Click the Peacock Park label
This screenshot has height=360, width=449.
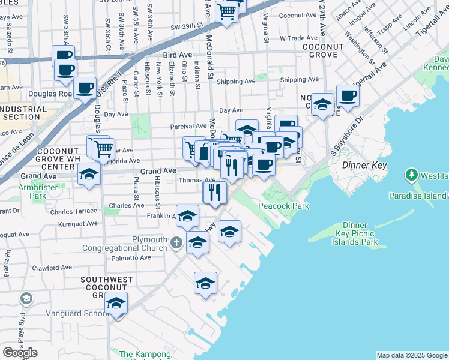(x=283, y=206)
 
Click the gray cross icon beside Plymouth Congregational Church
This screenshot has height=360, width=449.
(x=176, y=243)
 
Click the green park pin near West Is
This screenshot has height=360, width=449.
(x=412, y=175)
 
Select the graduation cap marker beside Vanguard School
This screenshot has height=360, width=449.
(x=116, y=303)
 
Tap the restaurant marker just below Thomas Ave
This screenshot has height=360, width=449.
(x=214, y=192)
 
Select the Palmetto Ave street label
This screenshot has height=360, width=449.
(x=132, y=258)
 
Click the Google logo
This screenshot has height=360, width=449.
(x=20, y=353)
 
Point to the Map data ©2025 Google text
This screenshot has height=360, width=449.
(x=411, y=355)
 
